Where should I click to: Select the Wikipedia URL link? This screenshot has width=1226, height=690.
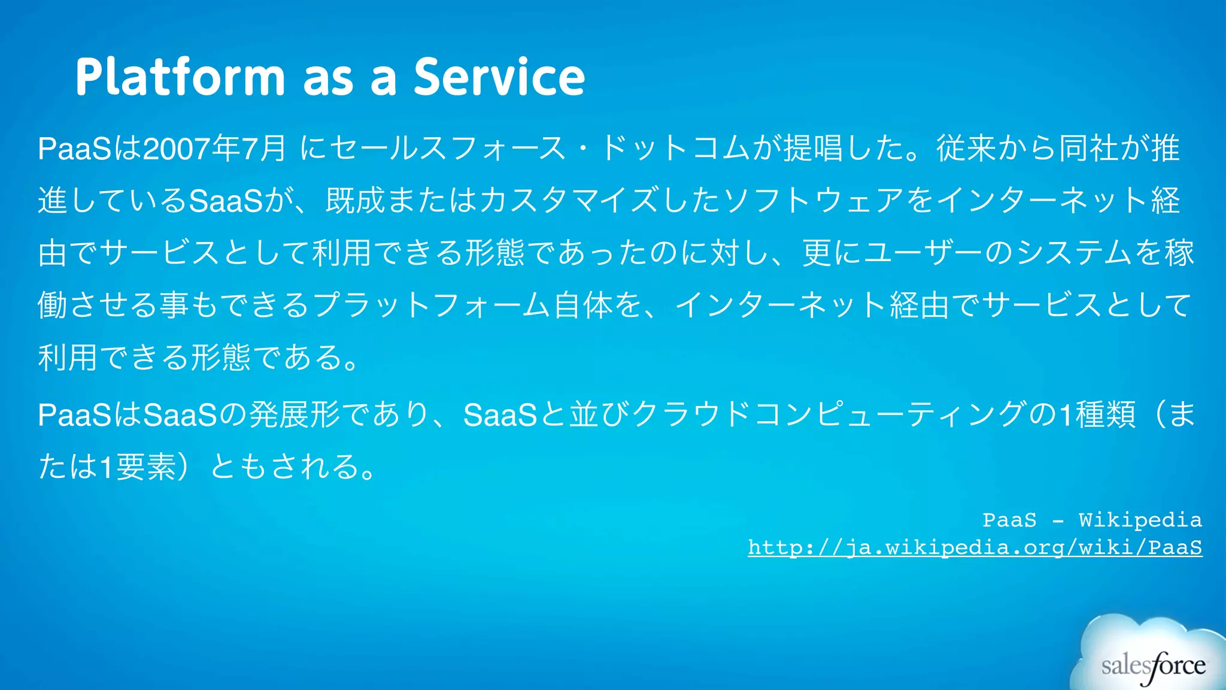click(x=975, y=547)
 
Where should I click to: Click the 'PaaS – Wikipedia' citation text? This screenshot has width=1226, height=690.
click(x=1092, y=520)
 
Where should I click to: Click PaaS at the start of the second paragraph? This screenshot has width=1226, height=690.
click(x=74, y=414)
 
